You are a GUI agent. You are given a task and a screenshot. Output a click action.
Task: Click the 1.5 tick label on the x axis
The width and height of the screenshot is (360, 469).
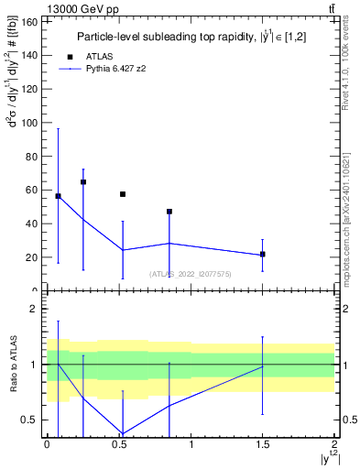click(x=262, y=444)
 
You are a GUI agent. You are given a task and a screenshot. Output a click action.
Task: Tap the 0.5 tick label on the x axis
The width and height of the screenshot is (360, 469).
click(x=118, y=444)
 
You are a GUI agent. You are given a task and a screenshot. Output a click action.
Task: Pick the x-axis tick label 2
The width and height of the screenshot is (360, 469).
click(x=334, y=444)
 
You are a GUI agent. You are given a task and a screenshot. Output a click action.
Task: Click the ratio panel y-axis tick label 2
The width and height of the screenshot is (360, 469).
click(x=36, y=310)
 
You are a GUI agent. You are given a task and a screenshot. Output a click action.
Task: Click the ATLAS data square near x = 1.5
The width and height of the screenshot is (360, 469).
click(x=263, y=254)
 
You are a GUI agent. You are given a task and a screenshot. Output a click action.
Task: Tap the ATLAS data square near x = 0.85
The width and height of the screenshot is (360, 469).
click(x=169, y=212)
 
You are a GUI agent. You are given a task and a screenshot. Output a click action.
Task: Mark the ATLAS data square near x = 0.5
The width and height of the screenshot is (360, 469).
click(x=123, y=194)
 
